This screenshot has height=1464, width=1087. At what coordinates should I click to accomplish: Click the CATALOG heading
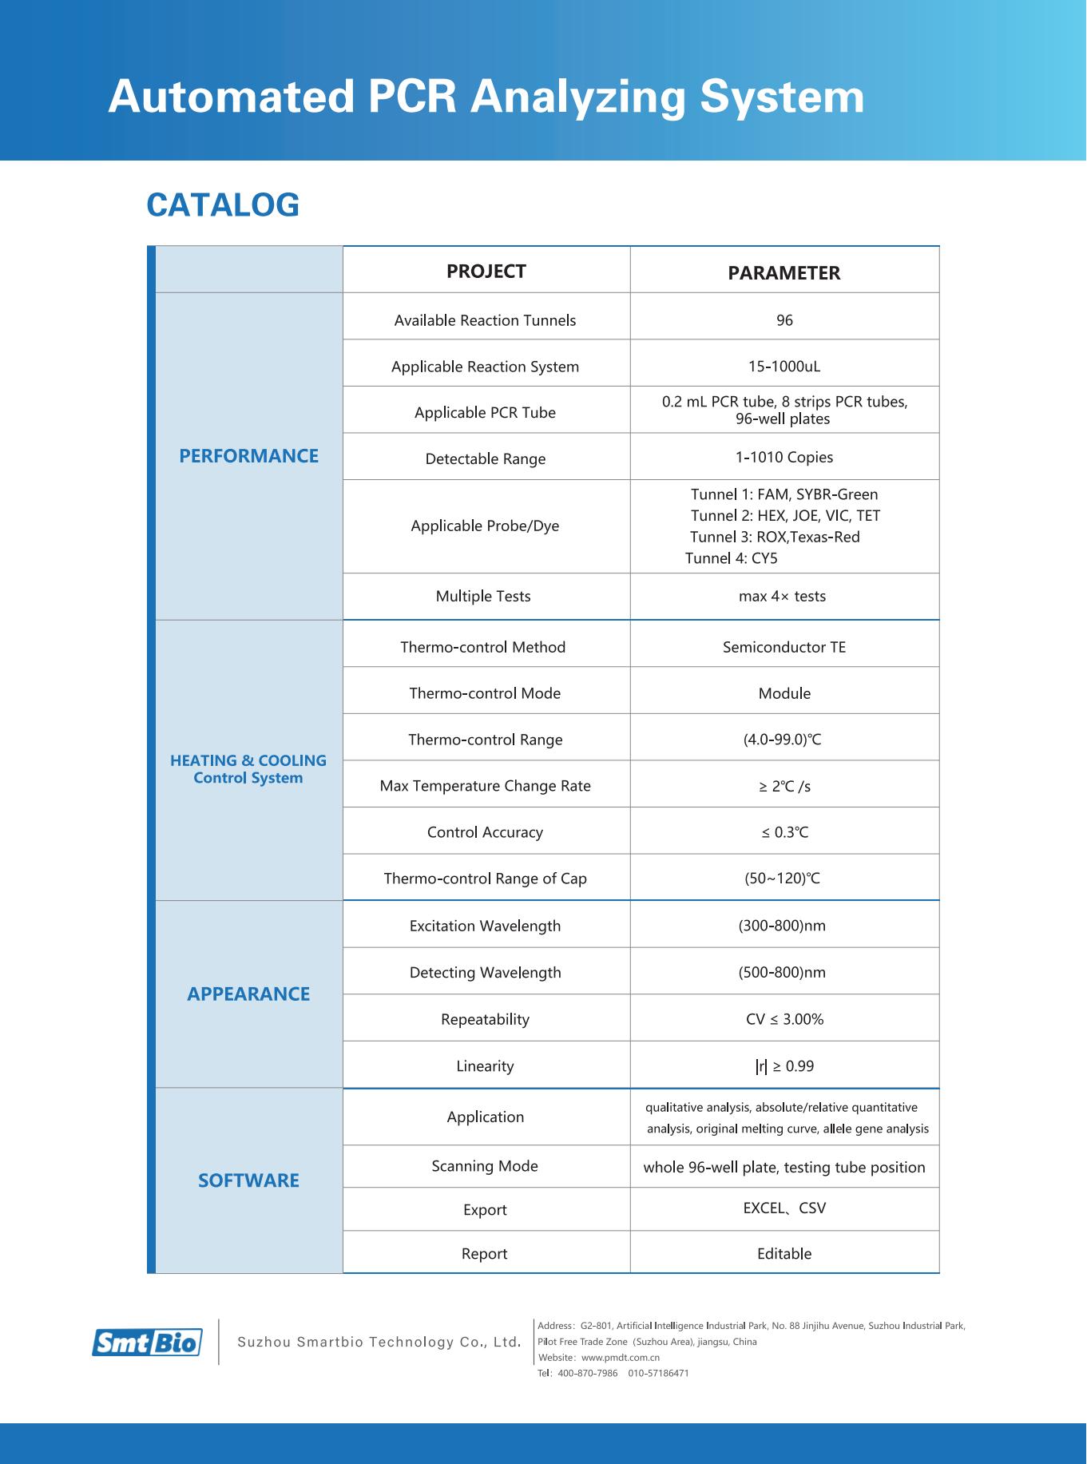pos(223,205)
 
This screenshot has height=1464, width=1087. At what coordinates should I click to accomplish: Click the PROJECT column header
pos(486,272)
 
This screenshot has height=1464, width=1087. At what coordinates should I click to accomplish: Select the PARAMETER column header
pos(784,273)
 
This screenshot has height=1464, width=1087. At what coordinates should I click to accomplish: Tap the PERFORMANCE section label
pos(248,456)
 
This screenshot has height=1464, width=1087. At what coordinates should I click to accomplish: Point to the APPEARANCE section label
pos(248,994)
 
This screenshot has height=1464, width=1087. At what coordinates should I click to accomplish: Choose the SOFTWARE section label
pos(248,1180)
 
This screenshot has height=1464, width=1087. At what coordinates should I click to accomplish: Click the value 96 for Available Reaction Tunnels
pos(784,320)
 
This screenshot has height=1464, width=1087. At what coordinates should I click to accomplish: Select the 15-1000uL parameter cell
pos(784,367)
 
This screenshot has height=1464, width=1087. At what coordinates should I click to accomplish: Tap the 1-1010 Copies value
pos(784,458)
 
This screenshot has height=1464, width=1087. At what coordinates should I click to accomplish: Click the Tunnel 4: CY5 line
pos(732,558)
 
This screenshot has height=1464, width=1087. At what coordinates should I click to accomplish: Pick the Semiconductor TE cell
pos(784,647)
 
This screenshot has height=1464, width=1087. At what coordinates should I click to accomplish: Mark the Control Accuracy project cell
pos(485,832)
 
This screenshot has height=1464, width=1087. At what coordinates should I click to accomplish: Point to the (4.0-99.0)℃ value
pos(783,740)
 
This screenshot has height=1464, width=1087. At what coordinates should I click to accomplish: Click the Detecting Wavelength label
pos(485,973)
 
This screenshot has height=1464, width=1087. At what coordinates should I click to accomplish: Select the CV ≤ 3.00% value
pos(784,1019)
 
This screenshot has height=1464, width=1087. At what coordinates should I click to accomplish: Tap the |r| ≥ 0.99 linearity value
pos(784,1066)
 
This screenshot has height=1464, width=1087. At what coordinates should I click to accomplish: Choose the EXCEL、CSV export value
pos(784,1208)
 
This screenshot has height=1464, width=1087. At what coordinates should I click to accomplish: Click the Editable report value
pos(784,1254)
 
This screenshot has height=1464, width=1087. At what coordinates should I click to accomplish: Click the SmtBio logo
pos(147,1343)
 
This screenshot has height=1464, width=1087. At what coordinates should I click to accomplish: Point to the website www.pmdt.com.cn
pos(620,1358)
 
